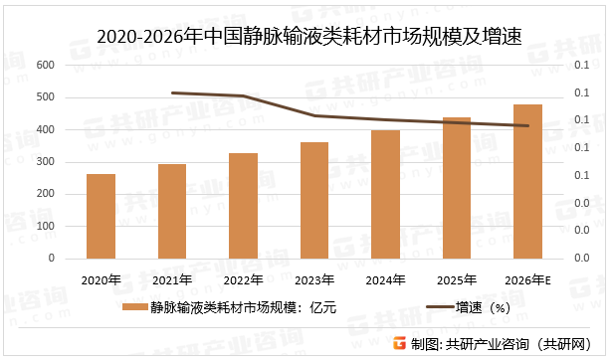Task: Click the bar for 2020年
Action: (x=101, y=216)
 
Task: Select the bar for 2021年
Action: (x=172, y=211)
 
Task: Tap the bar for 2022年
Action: (x=244, y=205)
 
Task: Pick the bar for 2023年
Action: (x=314, y=200)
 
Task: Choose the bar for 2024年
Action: (x=385, y=194)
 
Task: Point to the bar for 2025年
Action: (x=457, y=188)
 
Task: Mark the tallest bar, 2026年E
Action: (x=527, y=181)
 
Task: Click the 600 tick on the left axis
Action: (x=45, y=66)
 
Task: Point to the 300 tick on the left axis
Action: (x=45, y=162)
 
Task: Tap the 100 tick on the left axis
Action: (x=45, y=227)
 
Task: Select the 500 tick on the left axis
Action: (x=45, y=97)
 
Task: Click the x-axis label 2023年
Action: (x=314, y=279)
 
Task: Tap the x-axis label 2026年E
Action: (x=527, y=279)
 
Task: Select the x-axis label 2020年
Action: (x=101, y=279)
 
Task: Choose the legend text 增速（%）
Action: (x=483, y=308)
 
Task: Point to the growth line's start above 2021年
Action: (x=172, y=92)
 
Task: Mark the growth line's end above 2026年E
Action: (x=527, y=125)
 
